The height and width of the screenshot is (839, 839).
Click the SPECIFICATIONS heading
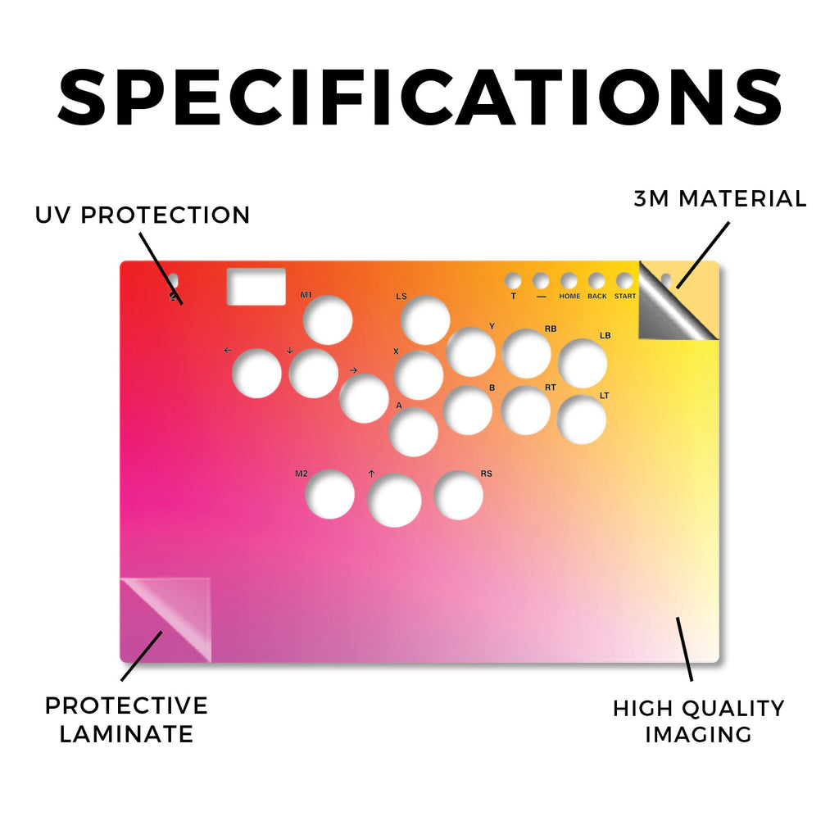(x=420, y=98)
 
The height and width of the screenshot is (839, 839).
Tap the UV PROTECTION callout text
(x=143, y=215)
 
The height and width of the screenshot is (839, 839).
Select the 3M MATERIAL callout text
(x=720, y=198)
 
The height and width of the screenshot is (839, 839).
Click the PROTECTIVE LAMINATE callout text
(x=126, y=719)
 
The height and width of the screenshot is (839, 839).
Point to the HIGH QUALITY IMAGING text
(x=699, y=721)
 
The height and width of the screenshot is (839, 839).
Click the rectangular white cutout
(x=256, y=287)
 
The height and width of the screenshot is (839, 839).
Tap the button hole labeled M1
(x=328, y=320)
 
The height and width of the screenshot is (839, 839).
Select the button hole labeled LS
(x=425, y=320)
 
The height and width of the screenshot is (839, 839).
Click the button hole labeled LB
(x=583, y=364)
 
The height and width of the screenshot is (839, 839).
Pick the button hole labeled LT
(x=582, y=420)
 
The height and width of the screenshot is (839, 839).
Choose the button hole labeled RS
(x=459, y=496)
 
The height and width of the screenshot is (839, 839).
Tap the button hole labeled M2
(x=329, y=494)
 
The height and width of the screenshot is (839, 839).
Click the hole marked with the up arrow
(x=394, y=501)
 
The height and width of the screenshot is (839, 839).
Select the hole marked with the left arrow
(x=256, y=374)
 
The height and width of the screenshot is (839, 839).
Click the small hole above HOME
(x=569, y=281)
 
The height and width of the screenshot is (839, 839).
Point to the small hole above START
(x=624, y=281)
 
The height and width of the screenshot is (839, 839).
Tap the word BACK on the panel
(x=597, y=296)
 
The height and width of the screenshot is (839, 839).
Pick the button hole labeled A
(x=414, y=432)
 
